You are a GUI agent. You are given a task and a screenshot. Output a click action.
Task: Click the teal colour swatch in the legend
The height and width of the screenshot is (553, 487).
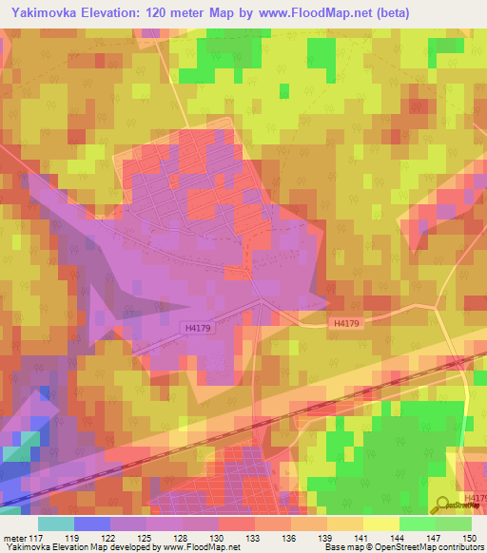(x=55, y=524)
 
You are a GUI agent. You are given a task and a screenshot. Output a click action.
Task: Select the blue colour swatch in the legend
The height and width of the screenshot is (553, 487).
(x=91, y=524)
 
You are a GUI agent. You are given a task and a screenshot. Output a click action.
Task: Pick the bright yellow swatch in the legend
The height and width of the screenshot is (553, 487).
(x=380, y=524)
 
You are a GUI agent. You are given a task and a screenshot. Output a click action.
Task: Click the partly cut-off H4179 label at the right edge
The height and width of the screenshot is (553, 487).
(x=476, y=498)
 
